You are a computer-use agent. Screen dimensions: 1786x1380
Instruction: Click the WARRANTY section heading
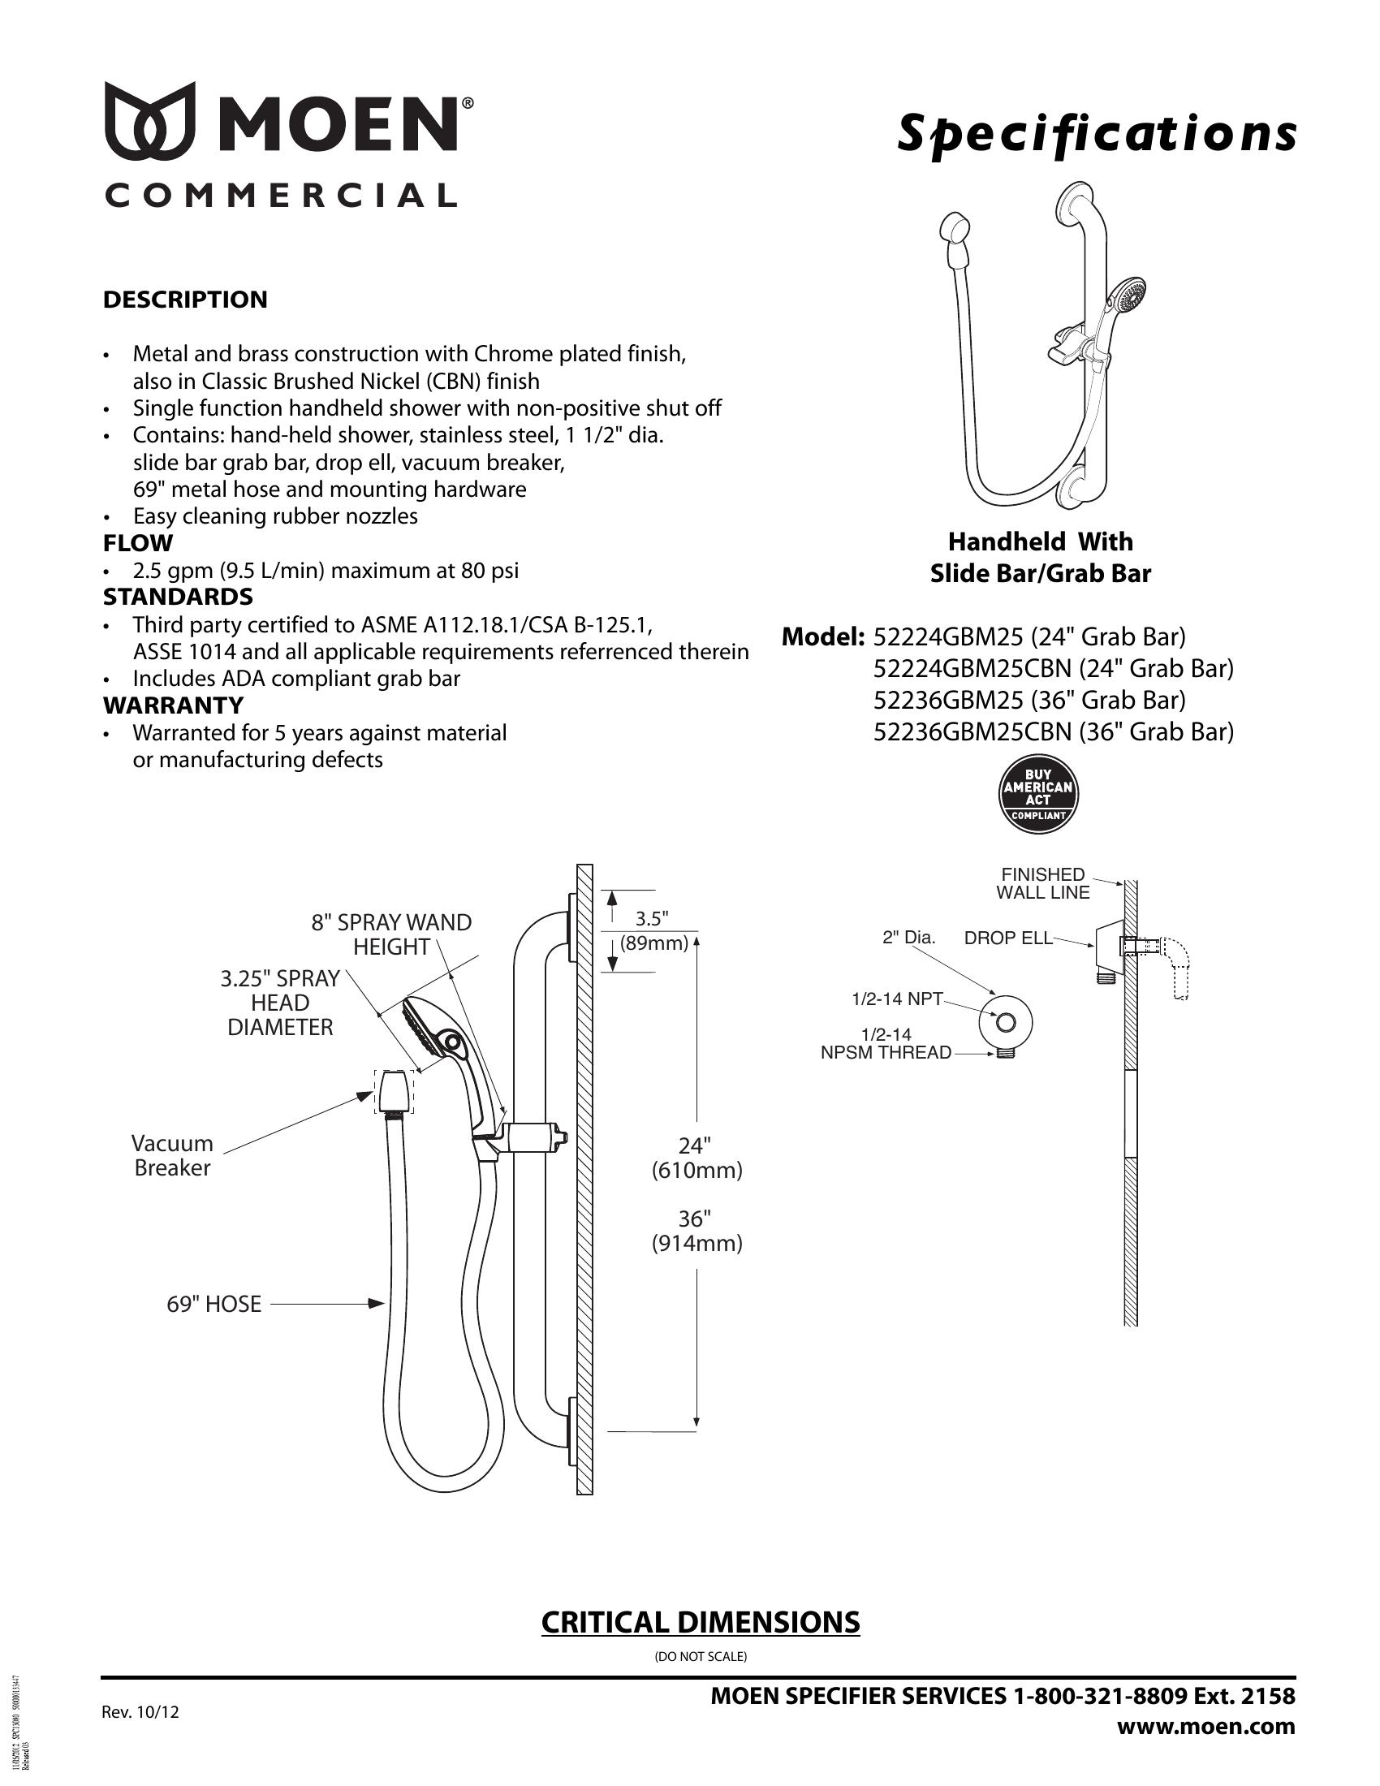174,705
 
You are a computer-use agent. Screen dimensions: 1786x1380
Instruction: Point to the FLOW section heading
138,543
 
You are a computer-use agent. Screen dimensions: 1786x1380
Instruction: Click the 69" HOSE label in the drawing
214,1305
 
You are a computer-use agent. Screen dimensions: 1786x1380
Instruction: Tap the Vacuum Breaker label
172,1155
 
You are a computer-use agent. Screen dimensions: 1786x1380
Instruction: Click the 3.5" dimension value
652,918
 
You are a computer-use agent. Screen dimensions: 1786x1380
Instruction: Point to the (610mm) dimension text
696,1171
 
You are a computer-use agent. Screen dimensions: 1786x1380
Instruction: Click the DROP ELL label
1008,938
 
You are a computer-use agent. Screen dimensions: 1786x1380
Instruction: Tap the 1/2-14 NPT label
897,999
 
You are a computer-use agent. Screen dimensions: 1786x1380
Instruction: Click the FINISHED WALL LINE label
1042,883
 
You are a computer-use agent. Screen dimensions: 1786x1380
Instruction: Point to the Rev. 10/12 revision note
140,1711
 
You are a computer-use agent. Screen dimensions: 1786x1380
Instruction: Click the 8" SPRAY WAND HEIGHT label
391,934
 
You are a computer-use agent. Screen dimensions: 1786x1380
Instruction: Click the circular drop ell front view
1006,1022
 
